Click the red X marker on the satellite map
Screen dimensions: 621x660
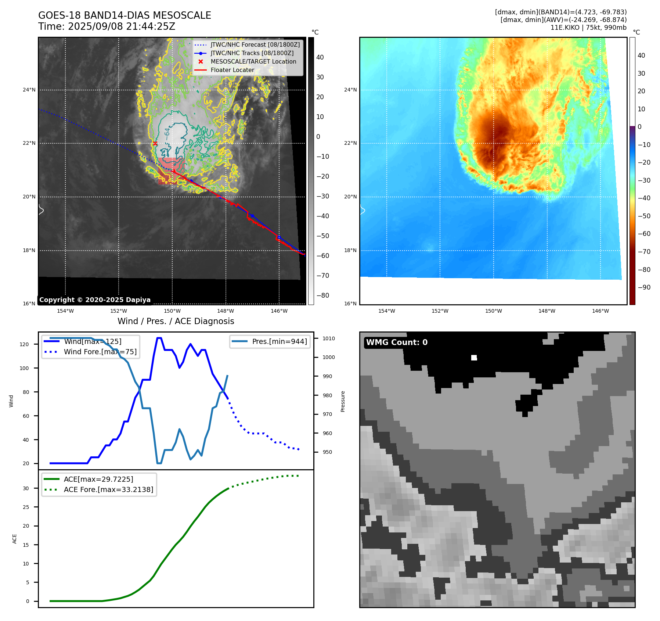coord(155,143)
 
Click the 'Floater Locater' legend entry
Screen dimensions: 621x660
coord(232,70)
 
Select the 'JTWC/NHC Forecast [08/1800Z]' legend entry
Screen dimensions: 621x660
coord(255,45)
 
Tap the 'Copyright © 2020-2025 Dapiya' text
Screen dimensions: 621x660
coord(95,300)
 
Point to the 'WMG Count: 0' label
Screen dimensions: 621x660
coord(397,342)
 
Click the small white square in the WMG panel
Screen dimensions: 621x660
coord(474,358)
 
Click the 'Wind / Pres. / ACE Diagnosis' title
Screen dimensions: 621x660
coord(176,322)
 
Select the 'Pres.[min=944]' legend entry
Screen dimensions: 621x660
coord(279,342)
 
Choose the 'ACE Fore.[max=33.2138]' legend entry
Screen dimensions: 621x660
coord(108,490)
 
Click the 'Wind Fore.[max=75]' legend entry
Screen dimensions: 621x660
coord(100,352)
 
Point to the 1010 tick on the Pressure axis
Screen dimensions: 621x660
coord(329,338)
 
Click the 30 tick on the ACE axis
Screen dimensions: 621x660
coord(26,488)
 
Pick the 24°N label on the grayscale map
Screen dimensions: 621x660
coord(29,90)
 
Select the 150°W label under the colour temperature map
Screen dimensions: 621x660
coord(493,311)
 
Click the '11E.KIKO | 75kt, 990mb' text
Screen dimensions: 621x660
coord(588,28)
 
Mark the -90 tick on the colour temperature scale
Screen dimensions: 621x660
coord(644,287)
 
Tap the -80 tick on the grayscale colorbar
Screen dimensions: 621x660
coord(323,295)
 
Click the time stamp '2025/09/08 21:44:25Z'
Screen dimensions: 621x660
coord(122,27)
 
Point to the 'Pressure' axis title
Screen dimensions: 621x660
coord(343,401)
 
